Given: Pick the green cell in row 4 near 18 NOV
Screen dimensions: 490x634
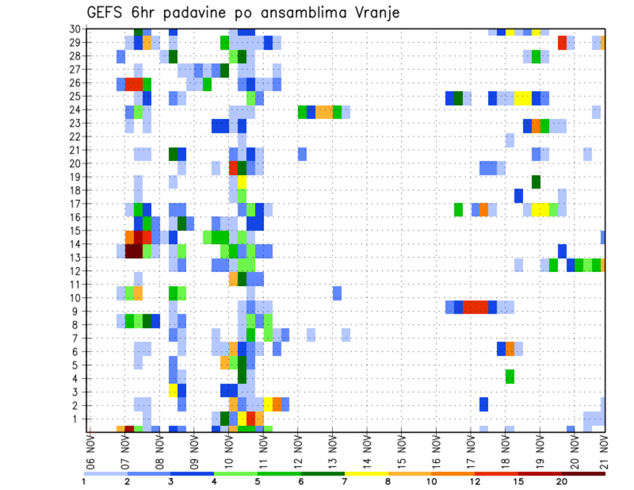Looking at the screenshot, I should (510, 376).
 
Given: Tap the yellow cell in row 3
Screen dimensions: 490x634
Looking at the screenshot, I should (173, 390).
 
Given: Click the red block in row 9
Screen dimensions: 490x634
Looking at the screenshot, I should (475, 307).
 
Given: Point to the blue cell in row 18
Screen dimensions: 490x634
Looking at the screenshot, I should (518, 195).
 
